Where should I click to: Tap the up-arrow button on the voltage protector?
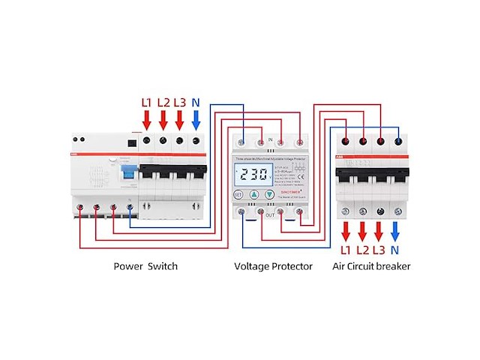coord(253,194)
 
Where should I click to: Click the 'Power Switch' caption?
coord(145,266)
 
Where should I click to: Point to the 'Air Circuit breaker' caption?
coord(372,266)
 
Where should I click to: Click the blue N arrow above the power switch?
coord(196,118)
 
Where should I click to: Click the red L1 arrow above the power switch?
coord(147,118)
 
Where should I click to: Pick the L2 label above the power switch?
coord(163,101)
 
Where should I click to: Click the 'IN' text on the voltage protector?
coord(270,139)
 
